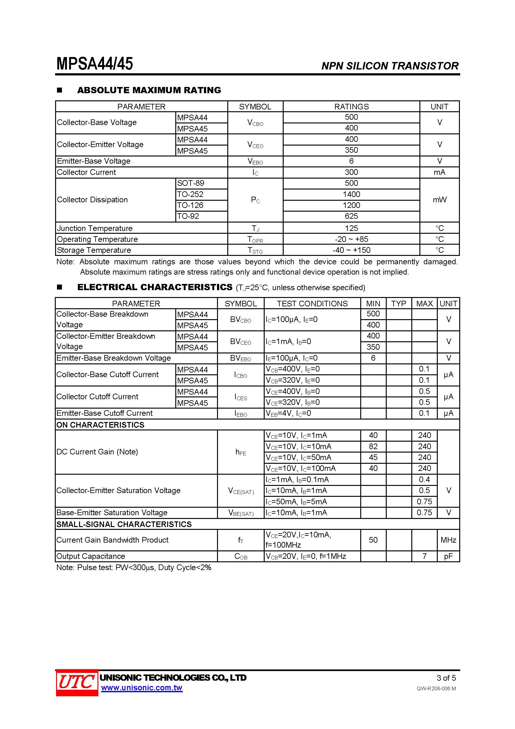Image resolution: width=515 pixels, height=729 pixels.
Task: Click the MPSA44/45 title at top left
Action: click(95, 64)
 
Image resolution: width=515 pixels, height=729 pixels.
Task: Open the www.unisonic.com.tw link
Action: click(141, 688)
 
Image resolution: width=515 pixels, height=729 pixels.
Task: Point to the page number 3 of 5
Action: click(446, 678)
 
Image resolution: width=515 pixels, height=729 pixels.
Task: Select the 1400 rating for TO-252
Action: click(351, 194)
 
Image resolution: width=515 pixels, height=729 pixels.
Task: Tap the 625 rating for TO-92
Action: click(351, 216)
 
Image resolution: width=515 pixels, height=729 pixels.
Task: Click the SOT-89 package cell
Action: click(191, 183)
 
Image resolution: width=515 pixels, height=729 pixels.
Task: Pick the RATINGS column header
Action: click(351, 107)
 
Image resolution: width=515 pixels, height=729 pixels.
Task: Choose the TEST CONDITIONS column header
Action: click(312, 304)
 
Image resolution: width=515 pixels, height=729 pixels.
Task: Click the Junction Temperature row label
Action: click(95, 228)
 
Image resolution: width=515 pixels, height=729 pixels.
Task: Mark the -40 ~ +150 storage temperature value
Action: click(351, 250)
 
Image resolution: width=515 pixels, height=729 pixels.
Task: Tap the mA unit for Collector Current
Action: click(439, 172)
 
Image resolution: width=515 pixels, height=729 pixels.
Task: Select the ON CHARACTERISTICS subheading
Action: click(100, 425)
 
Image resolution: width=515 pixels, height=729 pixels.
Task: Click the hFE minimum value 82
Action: click(373, 446)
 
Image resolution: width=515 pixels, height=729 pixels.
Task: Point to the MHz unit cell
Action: click(448, 540)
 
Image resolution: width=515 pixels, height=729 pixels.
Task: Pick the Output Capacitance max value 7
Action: click(424, 556)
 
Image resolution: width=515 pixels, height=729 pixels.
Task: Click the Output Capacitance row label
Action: click(91, 556)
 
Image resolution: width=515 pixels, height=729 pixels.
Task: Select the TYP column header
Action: click(399, 304)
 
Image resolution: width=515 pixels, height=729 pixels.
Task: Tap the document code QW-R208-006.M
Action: click(436, 688)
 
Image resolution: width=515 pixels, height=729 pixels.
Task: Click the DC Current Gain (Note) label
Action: click(97, 452)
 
